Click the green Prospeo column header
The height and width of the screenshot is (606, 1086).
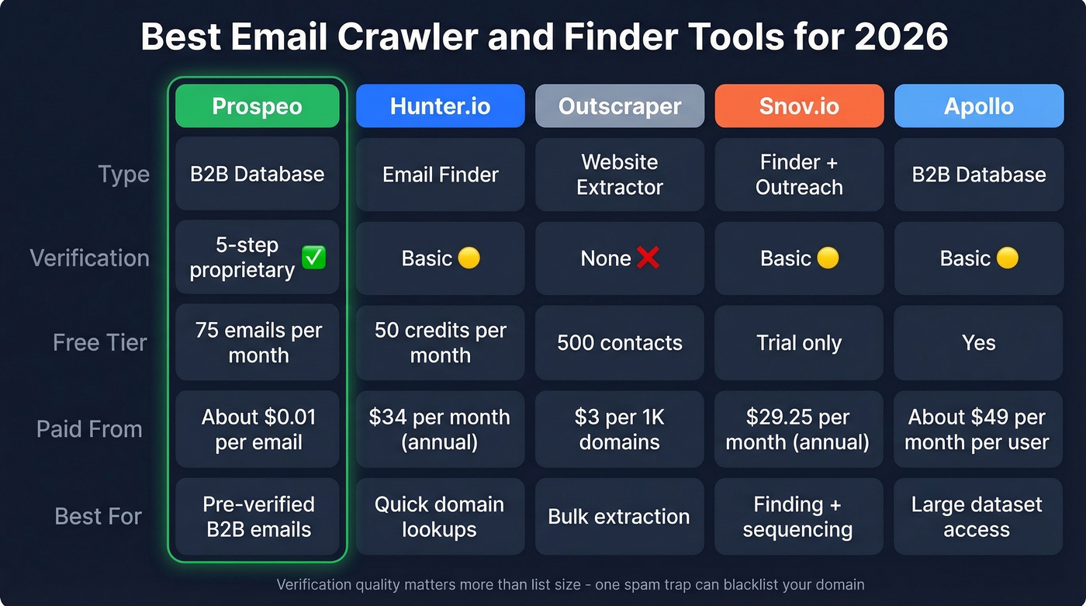(x=257, y=106)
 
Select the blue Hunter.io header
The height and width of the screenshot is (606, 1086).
(x=440, y=106)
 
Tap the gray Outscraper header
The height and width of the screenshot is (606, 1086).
(x=620, y=106)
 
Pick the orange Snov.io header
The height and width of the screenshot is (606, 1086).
(x=799, y=106)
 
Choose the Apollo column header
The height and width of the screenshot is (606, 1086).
(x=978, y=106)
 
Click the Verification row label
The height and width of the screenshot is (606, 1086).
(x=89, y=258)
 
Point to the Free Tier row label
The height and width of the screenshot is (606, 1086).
(x=99, y=343)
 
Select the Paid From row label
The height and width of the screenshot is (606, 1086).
(x=89, y=429)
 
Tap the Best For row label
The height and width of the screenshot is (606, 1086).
(x=99, y=517)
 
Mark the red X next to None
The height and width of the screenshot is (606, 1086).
(x=648, y=258)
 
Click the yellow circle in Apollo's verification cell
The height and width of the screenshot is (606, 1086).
(x=1007, y=258)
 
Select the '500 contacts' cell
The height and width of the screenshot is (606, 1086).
(x=620, y=343)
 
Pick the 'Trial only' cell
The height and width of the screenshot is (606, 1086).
(x=799, y=343)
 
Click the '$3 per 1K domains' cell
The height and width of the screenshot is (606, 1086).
(x=620, y=429)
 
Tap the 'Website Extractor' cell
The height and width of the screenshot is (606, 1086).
(x=620, y=175)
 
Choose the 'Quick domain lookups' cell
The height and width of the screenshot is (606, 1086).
(x=440, y=517)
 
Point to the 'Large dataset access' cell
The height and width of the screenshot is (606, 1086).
(x=977, y=517)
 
